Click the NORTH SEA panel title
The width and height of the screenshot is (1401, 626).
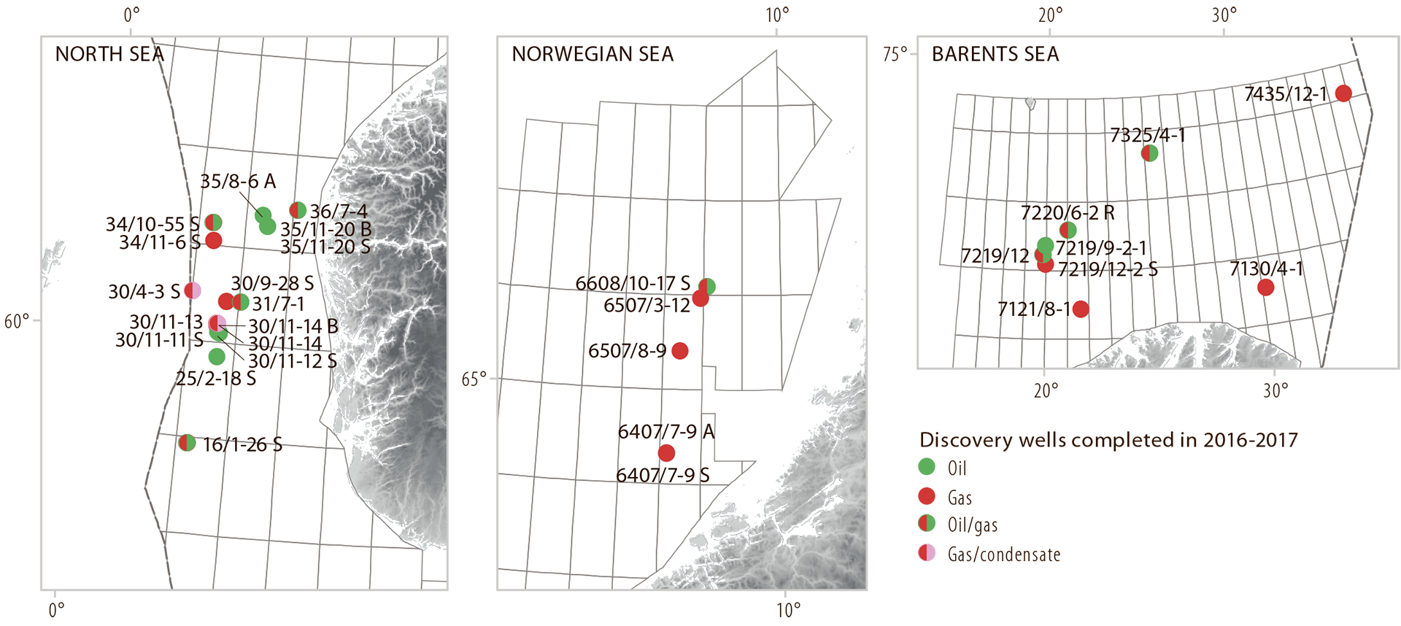(x=109, y=55)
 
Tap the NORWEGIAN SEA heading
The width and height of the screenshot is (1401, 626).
(x=593, y=55)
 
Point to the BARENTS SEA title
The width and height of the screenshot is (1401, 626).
(x=995, y=55)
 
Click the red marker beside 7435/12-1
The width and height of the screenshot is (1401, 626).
(x=1343, y=93)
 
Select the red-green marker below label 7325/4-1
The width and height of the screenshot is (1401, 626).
(x=1149, y=153)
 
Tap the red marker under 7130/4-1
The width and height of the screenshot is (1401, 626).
(x=1266, y=287)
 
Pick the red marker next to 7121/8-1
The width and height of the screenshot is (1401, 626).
(x=1081, y=309)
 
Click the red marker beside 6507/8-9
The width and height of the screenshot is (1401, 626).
(x=680, y=351)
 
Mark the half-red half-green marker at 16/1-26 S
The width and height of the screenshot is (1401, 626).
(x=188, y=443)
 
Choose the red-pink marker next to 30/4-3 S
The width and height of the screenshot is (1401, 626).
(x=192, y=290)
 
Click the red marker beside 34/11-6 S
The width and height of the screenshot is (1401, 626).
(x=214, y=240)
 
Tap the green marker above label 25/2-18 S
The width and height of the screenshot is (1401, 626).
(x=217, y=357)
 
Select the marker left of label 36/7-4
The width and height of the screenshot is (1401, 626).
(x=298, y=210)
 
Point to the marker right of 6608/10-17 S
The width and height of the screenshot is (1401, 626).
(x=706, y=286)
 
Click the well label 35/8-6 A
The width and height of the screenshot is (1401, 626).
(x=238, y=182)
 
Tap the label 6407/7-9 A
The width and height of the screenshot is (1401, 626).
(x=666, y=432)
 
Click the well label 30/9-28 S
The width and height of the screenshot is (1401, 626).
(x=272, y=283)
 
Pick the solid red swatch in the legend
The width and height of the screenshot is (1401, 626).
(x=917, y=495)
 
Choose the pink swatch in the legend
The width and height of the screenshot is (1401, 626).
(x=917, y=552)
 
